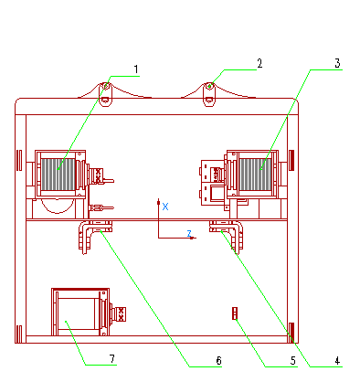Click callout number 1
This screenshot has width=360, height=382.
click(x=136, y=69)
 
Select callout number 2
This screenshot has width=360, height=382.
click(x=259, y=63)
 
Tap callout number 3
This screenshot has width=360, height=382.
click(x=337, y=63)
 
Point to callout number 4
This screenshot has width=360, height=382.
click(x=337, y=361)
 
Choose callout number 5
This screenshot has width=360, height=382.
click(x=292, y=361)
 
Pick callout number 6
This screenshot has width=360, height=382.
click(x=218, y=361)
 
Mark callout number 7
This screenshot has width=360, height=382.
click(x=112, y=358)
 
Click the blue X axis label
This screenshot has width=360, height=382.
click(x=165, y=207)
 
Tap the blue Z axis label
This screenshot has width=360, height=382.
click(x=189, y=234)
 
